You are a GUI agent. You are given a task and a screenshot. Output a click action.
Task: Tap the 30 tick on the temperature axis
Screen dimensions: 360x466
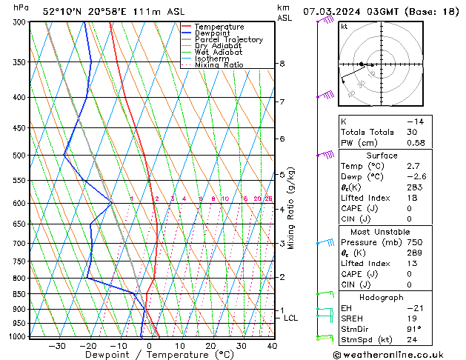(242, 345)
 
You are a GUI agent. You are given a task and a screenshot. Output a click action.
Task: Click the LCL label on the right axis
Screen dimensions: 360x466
(291, 318)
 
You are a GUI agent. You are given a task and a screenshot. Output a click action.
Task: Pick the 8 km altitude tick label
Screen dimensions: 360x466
(282, 64)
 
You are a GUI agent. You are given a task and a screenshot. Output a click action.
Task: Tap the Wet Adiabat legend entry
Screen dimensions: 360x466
(219, 53)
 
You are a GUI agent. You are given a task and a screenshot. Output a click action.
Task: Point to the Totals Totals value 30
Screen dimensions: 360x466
(412, 132)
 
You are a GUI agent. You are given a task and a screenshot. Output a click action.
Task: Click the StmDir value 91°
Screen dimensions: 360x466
(413, 329)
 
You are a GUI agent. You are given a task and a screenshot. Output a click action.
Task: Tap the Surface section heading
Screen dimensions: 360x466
(382, 156)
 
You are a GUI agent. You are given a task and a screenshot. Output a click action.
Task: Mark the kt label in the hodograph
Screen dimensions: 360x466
(344, 27)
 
